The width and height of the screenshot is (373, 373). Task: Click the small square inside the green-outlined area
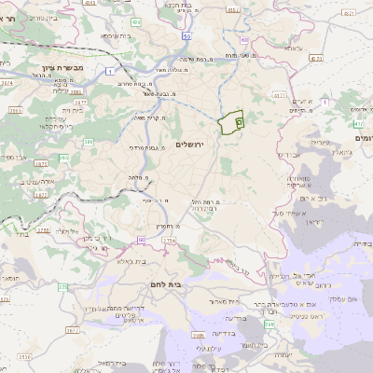(239, 120)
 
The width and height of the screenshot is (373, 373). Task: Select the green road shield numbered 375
(62, 287)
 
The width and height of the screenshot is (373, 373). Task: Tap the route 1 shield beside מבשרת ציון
(112, 70)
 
